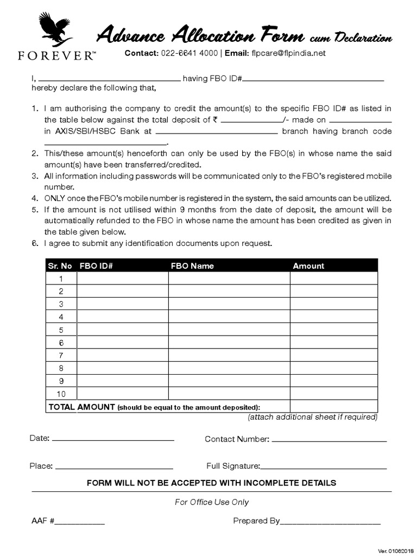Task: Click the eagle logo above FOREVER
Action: click(x=54, y=30)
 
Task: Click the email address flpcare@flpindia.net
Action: click(x=288, y=53)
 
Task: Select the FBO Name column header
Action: click(x=192, y=266)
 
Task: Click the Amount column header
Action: click(x=308, y=266)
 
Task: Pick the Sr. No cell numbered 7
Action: click(x=61, y=355)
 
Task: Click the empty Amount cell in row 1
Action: click(x=333, y=279)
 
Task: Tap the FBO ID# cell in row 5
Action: click(x=123, y=330)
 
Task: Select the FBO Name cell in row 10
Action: click(x=229, y=394)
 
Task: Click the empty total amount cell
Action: click(x=333, y=407)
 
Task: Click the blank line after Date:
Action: click(x=113, y=439)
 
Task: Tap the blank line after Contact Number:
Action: click(x=329, y=439)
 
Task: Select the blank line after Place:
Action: click(x=114, y=466)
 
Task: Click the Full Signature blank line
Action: click(x=324, y=466)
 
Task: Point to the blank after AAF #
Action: click(x=79, y=522)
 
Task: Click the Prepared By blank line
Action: click(x=330, y=522)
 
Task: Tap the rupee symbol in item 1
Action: click(x=216, y=120)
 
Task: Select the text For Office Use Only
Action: click(x=212, y=502)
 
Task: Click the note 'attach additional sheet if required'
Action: click(x=312, y=417)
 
